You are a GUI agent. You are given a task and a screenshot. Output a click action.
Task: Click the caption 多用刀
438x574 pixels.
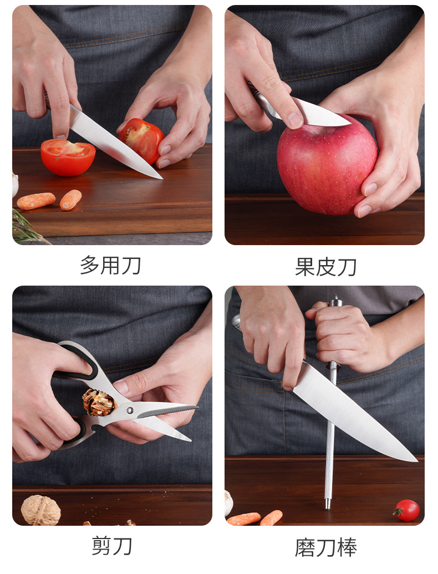point(110,266)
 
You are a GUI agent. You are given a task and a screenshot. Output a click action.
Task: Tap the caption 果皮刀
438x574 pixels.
point(325,267)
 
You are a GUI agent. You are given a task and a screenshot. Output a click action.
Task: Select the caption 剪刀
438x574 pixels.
point(111,546)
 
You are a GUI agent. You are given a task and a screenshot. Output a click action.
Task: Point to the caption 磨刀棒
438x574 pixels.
point(325,547)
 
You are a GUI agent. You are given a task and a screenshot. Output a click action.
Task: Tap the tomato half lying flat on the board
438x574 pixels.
point(68,157)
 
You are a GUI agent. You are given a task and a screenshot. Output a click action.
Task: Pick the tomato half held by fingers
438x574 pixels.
point(141,140)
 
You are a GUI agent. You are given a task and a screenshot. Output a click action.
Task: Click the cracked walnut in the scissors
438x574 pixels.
point(98,402)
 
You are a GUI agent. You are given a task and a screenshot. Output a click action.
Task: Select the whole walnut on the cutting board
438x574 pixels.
point(40,510)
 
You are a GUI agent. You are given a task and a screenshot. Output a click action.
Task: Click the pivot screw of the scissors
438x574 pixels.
point(130,410)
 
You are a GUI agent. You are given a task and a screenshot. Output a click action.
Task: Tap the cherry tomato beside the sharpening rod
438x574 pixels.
point(407,510)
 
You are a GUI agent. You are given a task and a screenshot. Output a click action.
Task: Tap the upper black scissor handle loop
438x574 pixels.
point(79,360)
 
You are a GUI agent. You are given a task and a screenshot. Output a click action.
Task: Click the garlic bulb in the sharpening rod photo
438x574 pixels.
point(228,503)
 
